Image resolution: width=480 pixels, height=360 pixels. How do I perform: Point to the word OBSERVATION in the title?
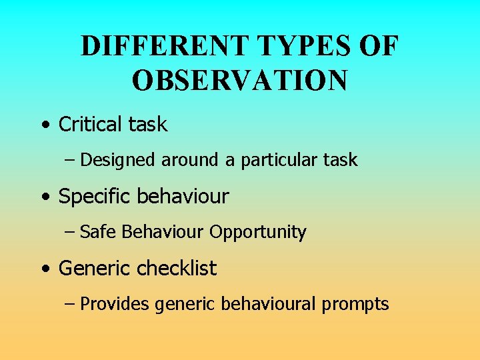click(x=239, y=81)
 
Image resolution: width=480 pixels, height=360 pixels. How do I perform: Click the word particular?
click(x=278, y=161)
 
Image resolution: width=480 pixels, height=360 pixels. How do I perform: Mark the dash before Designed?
click(x=70, y=161)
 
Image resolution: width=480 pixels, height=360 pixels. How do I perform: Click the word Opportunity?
click(x=257, y=233)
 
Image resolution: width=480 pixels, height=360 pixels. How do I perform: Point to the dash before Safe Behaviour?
click(x=70, y=233)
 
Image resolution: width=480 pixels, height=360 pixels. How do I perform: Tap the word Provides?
click(x=114, y=305)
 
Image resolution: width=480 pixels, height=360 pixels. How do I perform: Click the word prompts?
click(x=355, y=305)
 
